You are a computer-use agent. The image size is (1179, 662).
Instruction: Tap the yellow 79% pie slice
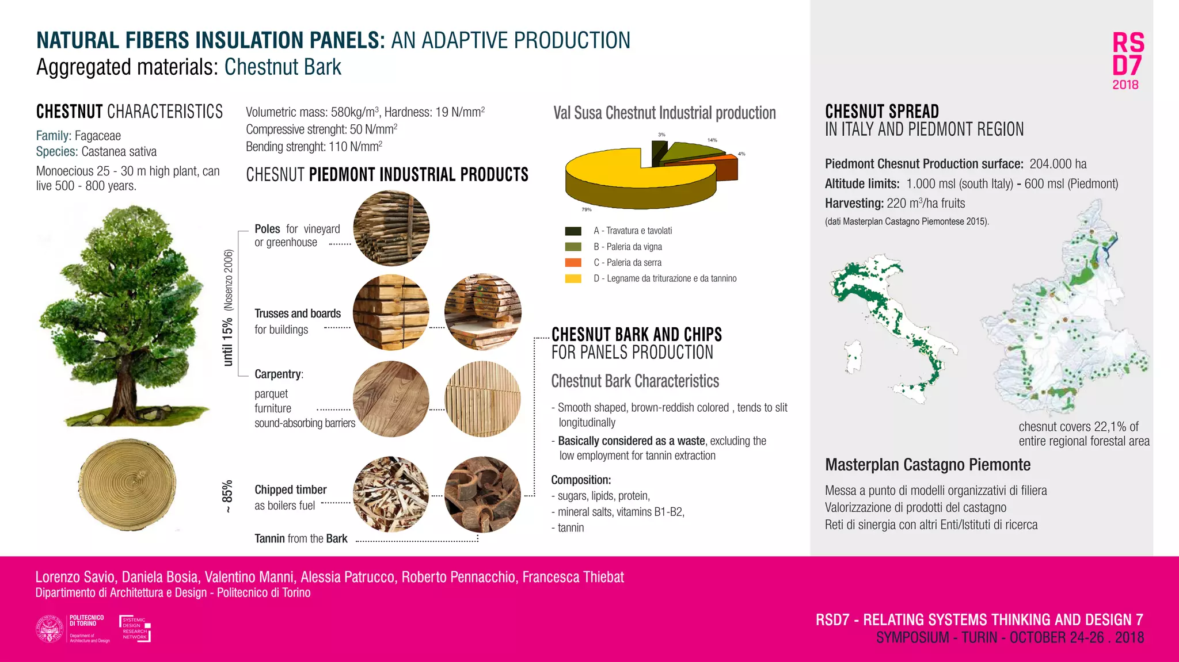point(610,173)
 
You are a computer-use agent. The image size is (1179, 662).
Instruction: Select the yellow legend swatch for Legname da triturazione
point(573,279)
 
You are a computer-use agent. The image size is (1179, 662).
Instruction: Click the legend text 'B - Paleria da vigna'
point(627,247)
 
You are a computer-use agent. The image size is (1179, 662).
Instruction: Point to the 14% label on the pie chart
point(712,140)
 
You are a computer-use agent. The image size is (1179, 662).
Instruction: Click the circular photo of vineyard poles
point(391,228)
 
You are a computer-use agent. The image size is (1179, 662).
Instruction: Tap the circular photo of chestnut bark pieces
point(482,495)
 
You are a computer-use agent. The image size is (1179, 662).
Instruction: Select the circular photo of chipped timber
point(391,495)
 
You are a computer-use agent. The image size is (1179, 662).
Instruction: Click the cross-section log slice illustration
point(127,484)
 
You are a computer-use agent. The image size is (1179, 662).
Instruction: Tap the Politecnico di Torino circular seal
point(50,629)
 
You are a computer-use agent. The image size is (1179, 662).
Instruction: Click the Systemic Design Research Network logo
point(135,629)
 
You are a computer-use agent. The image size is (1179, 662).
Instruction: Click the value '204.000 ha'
point(1058,164)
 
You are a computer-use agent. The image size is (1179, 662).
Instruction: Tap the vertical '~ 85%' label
point(228,496)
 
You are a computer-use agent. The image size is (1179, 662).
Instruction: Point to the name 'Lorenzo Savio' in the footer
point(76,577)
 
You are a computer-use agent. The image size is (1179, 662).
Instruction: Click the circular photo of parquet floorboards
point(391,399)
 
